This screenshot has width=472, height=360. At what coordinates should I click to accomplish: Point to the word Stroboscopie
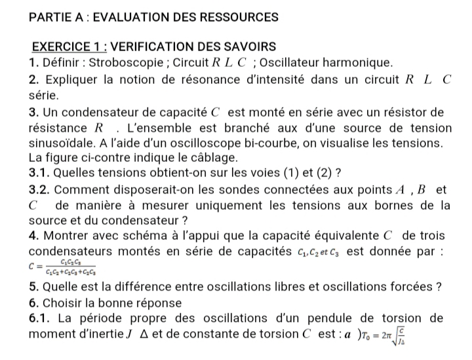[120, 64]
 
